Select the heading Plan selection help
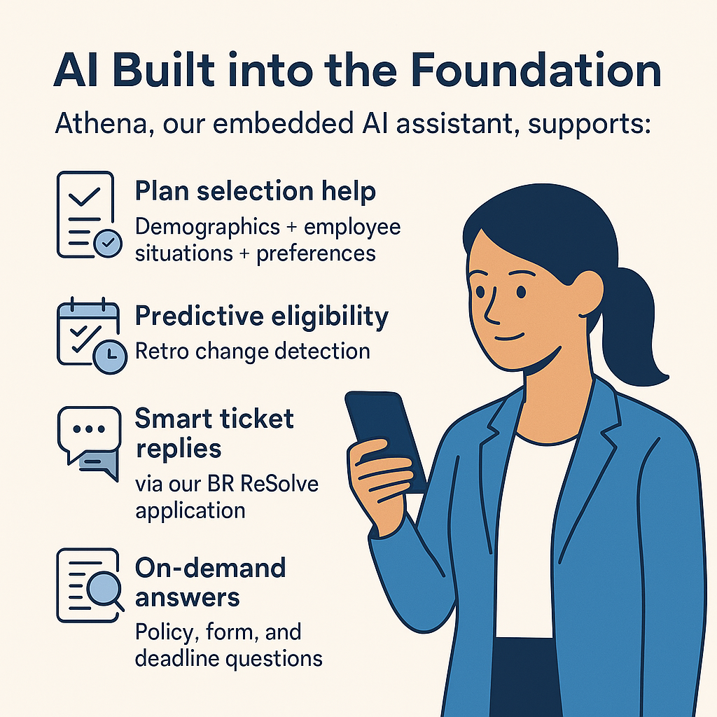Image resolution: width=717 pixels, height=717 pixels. (x=255, y=191)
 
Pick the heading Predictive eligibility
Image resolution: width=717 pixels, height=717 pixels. (x=261, y=316)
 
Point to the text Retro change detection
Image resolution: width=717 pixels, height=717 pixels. (x=252, y=350)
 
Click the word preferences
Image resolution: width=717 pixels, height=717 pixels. (x=316, y=253)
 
